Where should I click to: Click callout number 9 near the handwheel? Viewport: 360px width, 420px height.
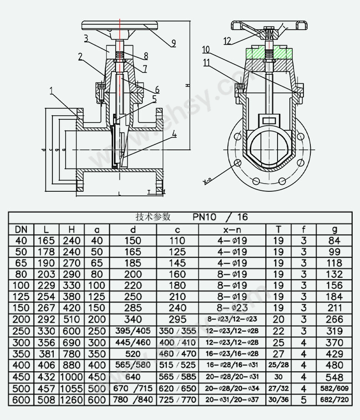[x=174, y=44]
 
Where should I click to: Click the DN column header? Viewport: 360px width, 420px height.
[x=21, y=229]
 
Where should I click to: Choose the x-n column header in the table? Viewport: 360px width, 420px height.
[x=232, y=229]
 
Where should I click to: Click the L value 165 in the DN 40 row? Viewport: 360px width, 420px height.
[x=46, y=241]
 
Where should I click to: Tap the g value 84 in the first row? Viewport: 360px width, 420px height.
[x=334, y=241]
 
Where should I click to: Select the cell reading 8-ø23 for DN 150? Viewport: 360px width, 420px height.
[x=232, y=308]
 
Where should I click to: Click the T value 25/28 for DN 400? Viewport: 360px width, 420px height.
[x=278, y=365]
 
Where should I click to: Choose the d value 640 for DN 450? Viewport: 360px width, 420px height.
[x=133, y=377]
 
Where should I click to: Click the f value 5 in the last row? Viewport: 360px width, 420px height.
[x=304, y=400]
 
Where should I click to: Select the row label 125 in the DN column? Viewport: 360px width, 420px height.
[x=21, y=297]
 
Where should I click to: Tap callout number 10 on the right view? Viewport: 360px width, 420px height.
[x=206, y=49]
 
